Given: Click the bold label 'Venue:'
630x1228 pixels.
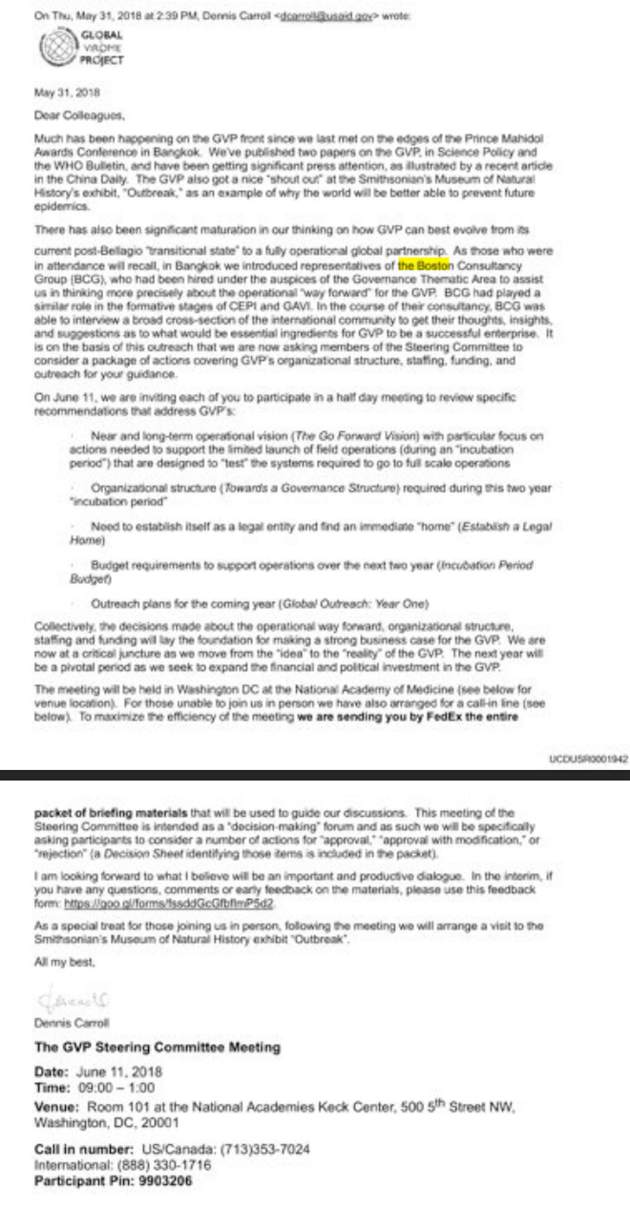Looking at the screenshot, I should pos(58,1106).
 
